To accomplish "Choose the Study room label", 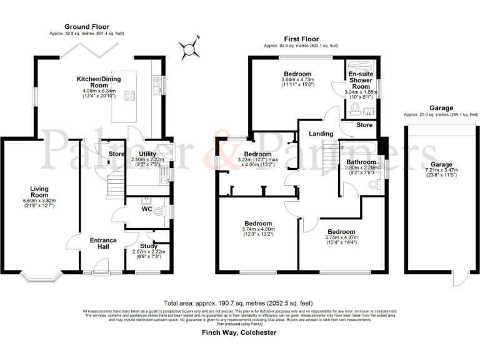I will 148,246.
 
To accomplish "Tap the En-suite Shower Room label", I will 361,80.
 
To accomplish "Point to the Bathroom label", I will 359,162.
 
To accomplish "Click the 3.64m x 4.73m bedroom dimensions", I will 297,80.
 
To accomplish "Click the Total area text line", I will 240,301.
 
